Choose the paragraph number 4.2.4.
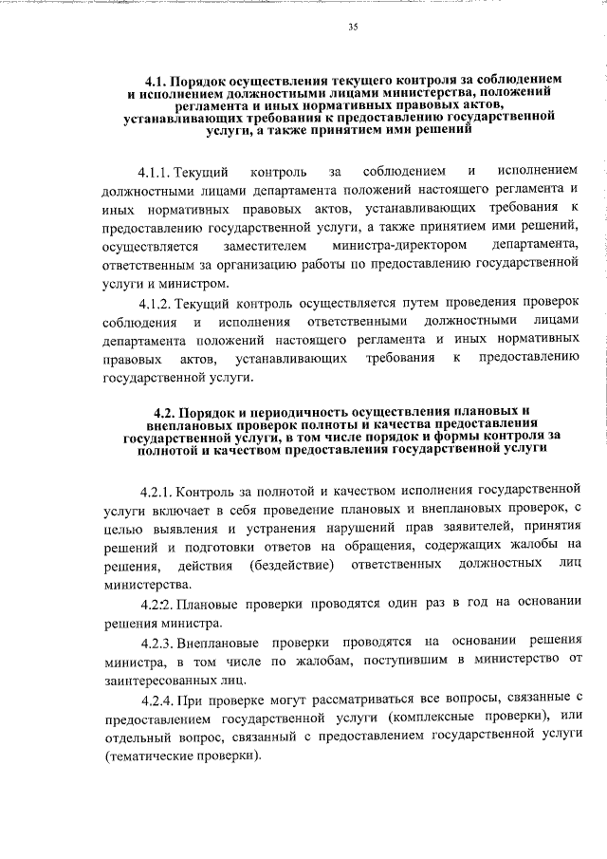pyautogui.click(x=157, y=700)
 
